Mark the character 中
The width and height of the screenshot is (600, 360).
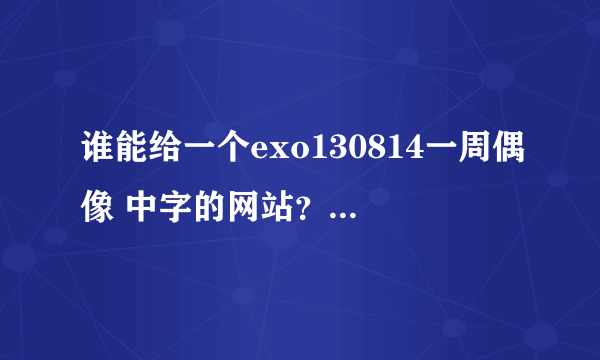[148, 206]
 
